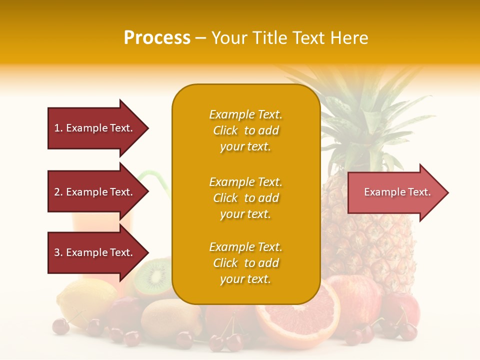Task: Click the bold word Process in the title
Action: pos(157,38)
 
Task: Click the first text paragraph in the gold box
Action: pos(245,130)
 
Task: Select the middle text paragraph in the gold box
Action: pos(245,198)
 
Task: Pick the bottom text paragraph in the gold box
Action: pos(245,263)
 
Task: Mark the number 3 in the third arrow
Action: pos(57,252)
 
